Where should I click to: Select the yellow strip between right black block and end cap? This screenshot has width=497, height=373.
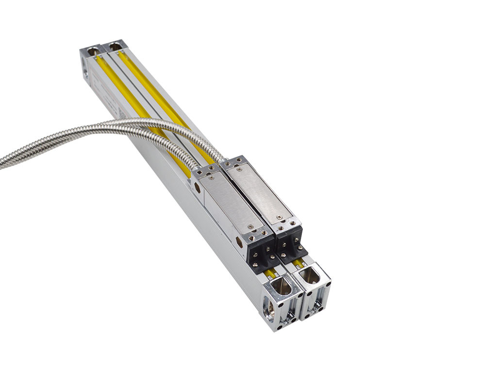299,263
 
